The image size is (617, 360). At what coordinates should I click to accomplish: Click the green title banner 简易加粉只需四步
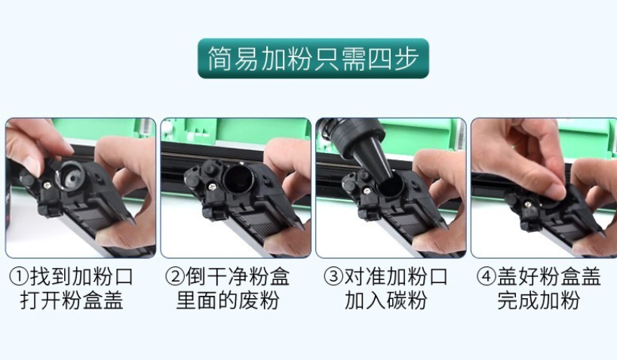point(313,58)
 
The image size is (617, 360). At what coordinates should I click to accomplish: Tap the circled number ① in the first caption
point(19,276)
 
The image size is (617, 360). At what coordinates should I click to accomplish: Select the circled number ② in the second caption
point(175,276)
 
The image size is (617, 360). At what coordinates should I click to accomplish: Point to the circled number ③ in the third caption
point(333,276)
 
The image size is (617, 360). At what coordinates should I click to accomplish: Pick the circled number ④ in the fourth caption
point(487,276)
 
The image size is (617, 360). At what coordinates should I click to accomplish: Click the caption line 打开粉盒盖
point(72,300)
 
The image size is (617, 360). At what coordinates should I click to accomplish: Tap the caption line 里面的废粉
point(228,300)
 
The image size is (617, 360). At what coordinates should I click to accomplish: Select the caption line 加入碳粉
point(386,300)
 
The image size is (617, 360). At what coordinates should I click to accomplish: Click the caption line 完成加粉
point(539,300)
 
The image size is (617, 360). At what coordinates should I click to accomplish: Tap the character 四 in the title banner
point(379,59)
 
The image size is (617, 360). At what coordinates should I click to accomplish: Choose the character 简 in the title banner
point(219,59)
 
